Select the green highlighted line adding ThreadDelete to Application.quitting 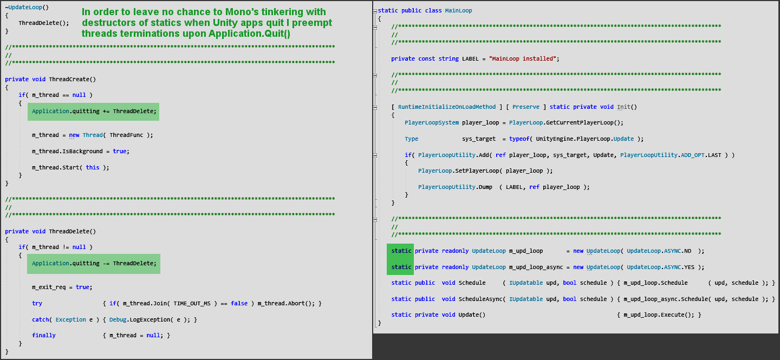(94, 112)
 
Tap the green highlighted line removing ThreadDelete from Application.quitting (94, 264)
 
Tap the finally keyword (43, 336)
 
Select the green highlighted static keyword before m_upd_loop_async (401, 267)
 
